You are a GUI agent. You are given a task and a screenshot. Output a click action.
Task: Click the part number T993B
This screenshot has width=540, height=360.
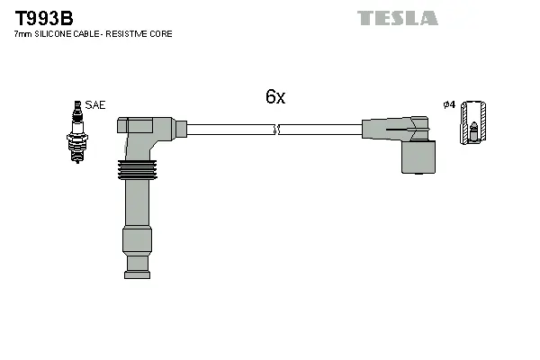point(43,17)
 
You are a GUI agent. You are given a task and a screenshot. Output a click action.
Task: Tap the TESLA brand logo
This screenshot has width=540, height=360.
point(397,18)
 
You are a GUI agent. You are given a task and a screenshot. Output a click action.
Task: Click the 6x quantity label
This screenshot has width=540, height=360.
point(274,97)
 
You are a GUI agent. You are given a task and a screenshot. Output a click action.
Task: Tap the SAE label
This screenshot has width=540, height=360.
point(95,105)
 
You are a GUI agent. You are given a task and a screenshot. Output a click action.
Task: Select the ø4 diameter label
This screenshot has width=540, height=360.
point(449,105)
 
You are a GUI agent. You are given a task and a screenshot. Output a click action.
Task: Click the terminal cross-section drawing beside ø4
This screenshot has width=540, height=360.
point(472,124)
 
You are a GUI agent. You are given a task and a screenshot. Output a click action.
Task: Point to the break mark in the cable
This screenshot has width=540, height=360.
point(278,130)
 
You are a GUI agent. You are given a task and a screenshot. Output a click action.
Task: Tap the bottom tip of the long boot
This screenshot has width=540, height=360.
point(137,264)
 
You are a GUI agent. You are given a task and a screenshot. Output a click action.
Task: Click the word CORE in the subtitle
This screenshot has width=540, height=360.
point(162,34)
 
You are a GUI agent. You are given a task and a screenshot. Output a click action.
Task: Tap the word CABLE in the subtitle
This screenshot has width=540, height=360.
point(93,34)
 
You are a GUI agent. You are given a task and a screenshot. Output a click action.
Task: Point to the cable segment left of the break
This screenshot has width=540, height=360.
point(229,130)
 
